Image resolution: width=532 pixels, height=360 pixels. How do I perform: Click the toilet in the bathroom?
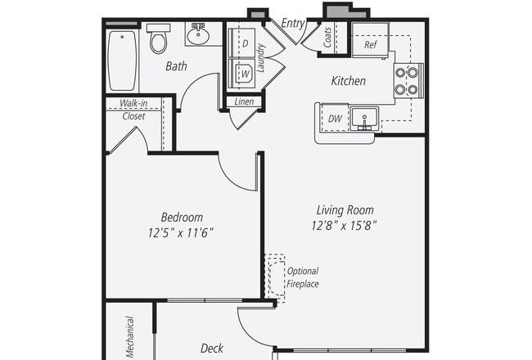pyautogui.click(x=159, y=38)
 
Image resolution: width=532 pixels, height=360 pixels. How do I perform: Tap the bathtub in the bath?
pyautogui.click(x=122, y=61)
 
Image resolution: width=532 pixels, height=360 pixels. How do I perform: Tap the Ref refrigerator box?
pyautogui.click(x=370, y=40)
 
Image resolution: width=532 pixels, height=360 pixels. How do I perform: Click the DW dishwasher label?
pyautogui.click(x=335, y=119)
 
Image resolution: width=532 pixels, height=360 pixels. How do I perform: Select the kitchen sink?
pyautogui.click(x=364, y=119)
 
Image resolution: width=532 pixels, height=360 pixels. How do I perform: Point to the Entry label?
pyautogui.click(x=293, y=24)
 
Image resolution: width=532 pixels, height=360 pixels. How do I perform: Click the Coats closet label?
pyautogui.click(x=327, y=38)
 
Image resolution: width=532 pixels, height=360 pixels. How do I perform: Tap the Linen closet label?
pyautogui.click(x=244, y=101)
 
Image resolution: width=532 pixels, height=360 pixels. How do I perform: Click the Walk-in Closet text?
pyautogui.click(x=133, y=110)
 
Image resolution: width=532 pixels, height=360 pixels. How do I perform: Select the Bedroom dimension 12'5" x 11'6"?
pyautogui.click(x=181, y=233)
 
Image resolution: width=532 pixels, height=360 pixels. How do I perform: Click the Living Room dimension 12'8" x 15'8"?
pyautogui.click(x=345, y=225)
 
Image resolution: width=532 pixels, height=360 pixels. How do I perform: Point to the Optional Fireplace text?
pyautogui.click(x=303, y=277)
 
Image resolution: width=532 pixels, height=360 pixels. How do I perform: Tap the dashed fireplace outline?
pyautogui.click(x=275, y=278)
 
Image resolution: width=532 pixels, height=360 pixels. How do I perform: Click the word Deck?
pyautogui.click(x=212, y=348)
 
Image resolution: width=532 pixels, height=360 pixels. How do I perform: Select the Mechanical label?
pyautogui.click(x=129, y=337)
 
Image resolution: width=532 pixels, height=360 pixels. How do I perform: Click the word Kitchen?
pyautogui.click(x=349, y=81)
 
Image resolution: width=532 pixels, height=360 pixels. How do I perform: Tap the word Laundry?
pyautogui.click(x=260, y=57)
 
